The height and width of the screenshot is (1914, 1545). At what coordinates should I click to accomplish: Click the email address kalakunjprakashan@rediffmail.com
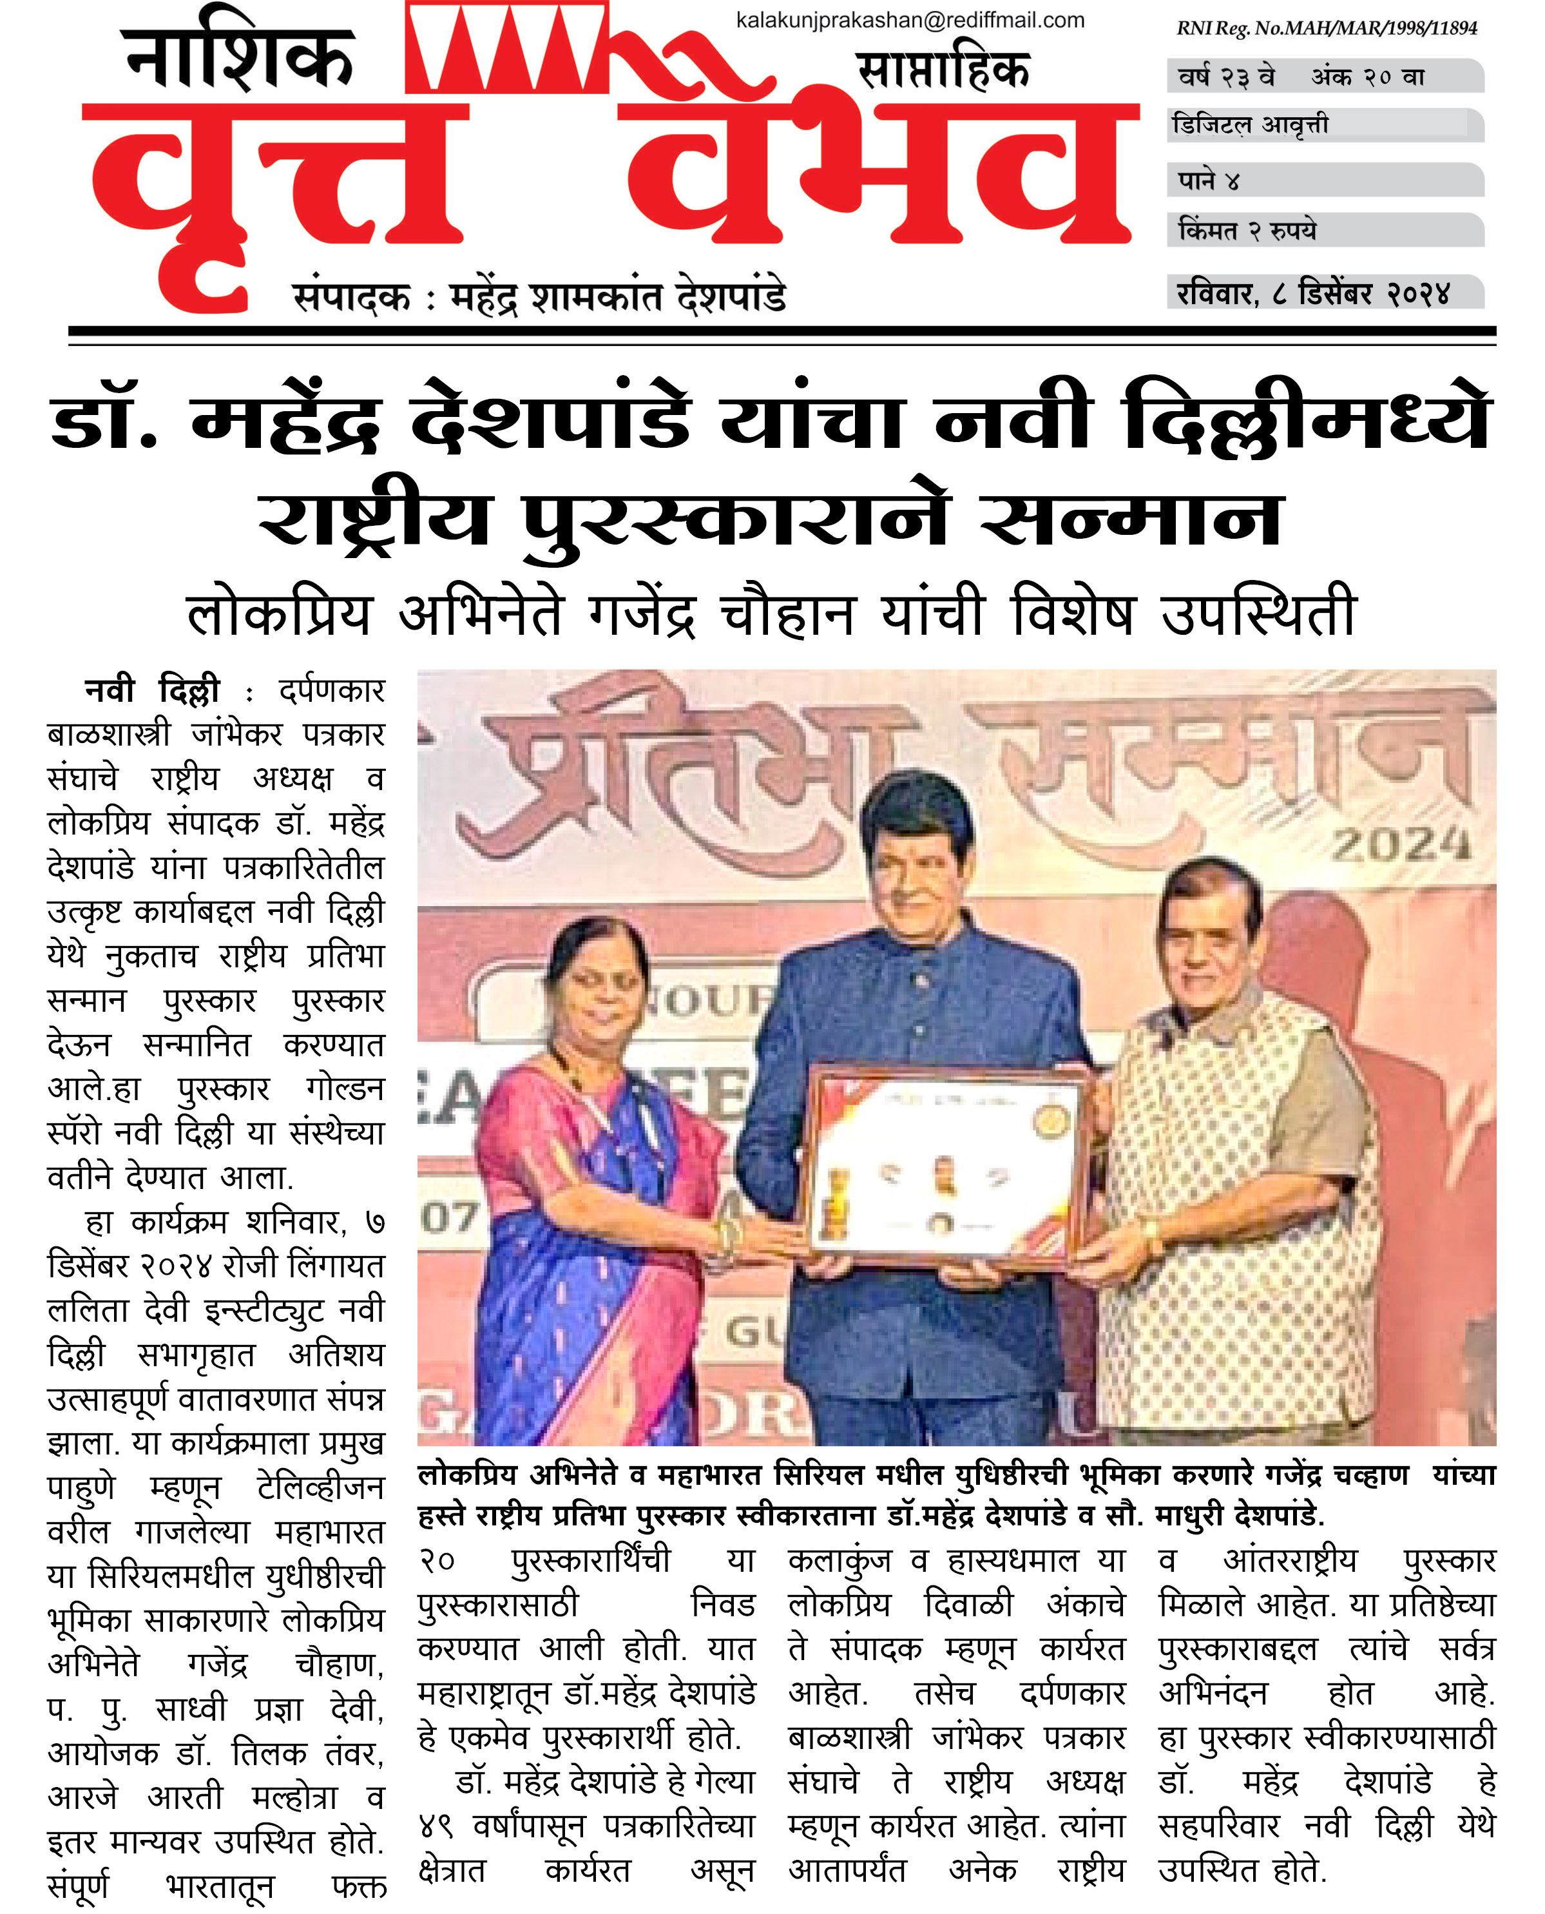[x=910, y=21]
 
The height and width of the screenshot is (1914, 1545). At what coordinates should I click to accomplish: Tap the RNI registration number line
[x=1326, y=28]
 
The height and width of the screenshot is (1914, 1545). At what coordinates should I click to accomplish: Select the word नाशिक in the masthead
[x=238, y=59]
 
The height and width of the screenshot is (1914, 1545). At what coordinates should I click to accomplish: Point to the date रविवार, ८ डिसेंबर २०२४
[x=1314, y=293]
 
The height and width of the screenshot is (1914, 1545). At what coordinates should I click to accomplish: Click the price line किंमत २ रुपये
[x=1246, y=231]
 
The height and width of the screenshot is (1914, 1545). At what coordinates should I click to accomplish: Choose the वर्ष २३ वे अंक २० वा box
[x=1301, y=77]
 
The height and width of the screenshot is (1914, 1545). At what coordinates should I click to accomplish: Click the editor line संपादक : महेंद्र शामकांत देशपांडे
[x=539, y=297]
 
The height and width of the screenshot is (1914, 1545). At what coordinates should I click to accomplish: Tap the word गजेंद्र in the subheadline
[x=641, y=614]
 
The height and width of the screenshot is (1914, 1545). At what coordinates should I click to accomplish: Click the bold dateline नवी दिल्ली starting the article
[x=152, y=691]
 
